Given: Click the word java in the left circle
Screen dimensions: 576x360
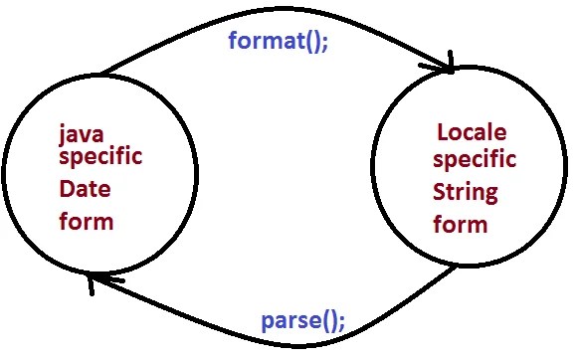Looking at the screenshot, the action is (82, 136).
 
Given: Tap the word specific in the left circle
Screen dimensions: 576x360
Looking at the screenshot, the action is (100, 157).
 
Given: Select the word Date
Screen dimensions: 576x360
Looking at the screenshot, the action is (85, 189).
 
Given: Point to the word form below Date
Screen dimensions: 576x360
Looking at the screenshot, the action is (87, 221).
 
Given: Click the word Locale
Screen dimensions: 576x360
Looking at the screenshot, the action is (472, 132).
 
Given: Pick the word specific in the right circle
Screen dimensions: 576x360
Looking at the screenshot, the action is (475, 160).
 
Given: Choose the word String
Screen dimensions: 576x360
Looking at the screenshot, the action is (466, 193).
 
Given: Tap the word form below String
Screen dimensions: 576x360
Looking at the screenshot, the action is (461, 224).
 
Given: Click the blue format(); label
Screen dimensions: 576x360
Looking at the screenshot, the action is (279, 41).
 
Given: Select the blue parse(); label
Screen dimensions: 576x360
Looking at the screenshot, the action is (303, 322).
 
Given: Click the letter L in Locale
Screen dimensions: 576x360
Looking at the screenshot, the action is (444, 132).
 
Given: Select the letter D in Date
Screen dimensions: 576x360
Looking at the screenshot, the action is (67, 189).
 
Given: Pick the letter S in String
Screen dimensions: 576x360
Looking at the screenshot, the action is (440, 191).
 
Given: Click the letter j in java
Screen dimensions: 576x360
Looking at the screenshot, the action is (63, 136).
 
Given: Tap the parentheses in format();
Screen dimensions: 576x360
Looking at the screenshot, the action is (312, 42).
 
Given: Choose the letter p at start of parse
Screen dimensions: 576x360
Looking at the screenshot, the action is (269, 323).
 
